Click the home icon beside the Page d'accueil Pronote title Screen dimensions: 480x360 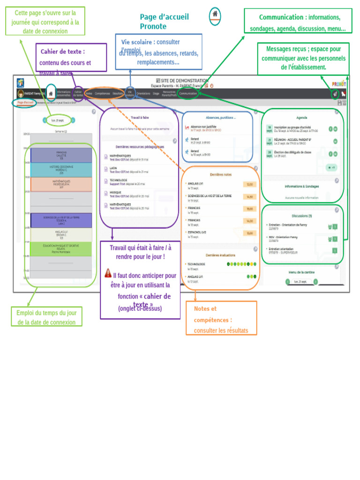point(215,15)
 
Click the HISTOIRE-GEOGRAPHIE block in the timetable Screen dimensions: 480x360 point(61,170)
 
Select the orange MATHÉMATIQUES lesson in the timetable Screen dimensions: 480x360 point(61,184)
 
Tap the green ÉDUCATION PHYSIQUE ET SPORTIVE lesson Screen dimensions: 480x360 point(61,249)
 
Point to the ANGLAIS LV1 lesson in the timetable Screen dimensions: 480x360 point(61,235)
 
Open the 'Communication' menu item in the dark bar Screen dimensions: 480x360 point(188,93)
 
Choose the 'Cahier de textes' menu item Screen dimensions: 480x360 point(78,93)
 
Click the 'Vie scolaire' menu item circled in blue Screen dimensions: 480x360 point(130,93)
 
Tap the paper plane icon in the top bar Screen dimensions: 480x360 point(335,94)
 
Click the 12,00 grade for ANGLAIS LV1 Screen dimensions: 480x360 point(249,184)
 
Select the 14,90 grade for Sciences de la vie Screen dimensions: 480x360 point(249,197)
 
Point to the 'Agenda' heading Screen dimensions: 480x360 point(302,118)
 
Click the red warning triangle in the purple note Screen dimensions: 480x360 point(108,273)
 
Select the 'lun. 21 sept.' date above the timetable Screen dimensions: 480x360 point(59,120)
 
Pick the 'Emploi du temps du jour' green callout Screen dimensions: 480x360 point(46,317)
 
